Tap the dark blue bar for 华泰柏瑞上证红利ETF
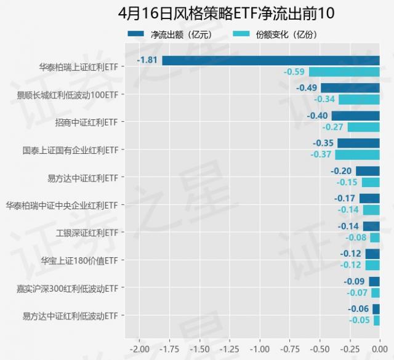point(271,60)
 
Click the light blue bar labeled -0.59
point(344,72)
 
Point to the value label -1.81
point(148,60)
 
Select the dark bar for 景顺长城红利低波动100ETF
point(350,88)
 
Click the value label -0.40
point(317,116)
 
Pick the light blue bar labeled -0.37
point(357,154)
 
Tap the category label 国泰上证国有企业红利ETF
point(70,150)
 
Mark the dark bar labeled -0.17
point(369,198)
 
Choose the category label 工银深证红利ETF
point(86,233)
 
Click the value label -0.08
point(356,238)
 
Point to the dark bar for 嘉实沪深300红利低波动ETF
point(374,281)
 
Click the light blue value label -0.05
point(360,320)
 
